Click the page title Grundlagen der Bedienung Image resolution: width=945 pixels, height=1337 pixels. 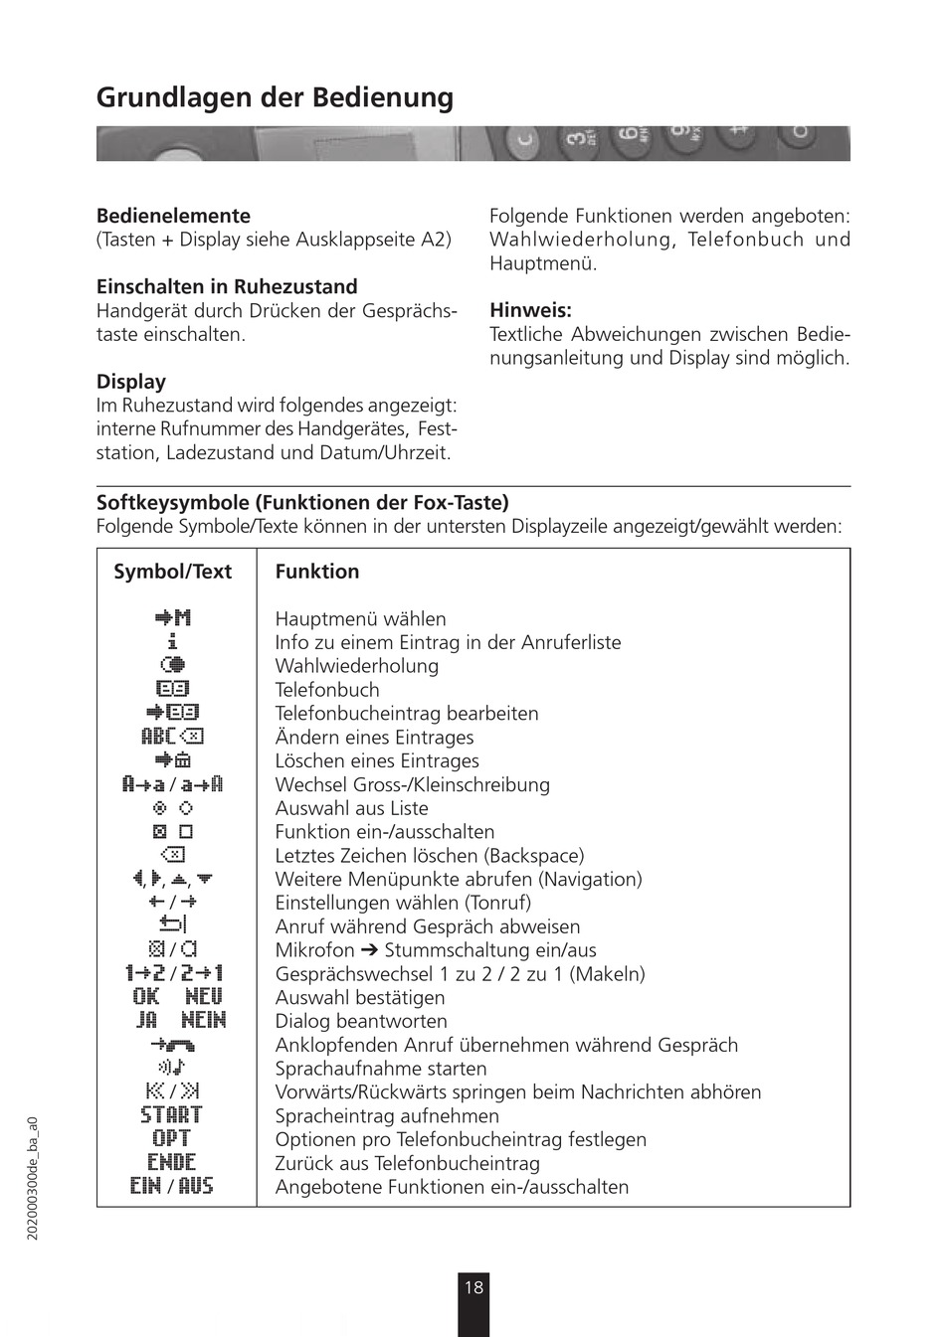275,97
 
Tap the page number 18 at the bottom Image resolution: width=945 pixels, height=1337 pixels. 473,1288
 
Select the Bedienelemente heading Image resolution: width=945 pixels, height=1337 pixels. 173,216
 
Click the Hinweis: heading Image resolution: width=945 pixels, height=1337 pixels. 530,310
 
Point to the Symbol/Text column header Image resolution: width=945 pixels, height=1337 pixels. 172,572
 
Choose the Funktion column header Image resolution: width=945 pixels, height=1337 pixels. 316,572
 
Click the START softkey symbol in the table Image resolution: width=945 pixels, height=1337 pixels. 171,1115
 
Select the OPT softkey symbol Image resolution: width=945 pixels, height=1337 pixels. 171,1139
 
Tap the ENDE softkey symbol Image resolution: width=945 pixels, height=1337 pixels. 171,1163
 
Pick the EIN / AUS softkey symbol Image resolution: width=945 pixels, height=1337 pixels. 171,1187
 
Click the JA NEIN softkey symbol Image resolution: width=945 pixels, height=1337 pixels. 180,1021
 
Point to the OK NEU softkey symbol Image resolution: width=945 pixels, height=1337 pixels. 177,997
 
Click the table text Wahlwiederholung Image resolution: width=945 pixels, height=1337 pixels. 356,666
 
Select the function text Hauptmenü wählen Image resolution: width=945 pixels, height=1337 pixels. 360,619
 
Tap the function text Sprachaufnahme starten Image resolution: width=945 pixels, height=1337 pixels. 381,1069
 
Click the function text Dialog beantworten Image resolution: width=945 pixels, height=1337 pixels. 361,1021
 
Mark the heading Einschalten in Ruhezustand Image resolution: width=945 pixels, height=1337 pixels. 227,286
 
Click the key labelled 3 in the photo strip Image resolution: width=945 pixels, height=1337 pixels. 576,140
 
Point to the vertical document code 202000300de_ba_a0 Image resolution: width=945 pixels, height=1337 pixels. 33,1177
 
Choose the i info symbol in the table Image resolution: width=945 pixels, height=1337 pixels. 172,642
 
